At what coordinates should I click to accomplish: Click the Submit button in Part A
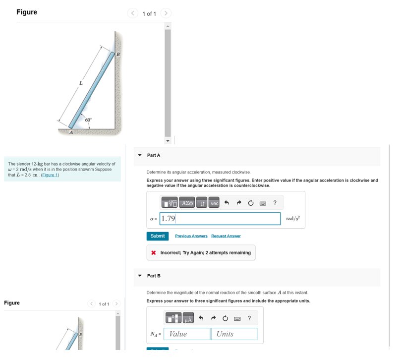[157, 236]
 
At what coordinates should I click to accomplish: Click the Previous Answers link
[191, 236]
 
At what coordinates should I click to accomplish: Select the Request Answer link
[226, 236]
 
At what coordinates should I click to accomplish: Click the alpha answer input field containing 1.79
[221, 219]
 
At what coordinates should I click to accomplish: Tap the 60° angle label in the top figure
[88, 120]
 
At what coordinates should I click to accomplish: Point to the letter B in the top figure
[118, 54]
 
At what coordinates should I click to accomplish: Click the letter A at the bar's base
[71, 132]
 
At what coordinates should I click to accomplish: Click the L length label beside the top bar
[80, 83]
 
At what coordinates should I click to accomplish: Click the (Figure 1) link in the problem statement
[50, 175]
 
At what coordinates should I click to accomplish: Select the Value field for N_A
[187, 334]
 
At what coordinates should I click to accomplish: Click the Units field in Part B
[234, 334]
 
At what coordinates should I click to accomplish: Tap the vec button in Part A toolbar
[214, 203]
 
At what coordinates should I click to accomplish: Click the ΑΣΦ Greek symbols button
[187, 203]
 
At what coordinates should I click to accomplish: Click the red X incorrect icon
[154, 253]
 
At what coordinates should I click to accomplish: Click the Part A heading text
[154, 155]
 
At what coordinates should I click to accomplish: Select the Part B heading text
[154, 276]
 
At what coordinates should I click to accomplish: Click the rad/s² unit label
[293, 219]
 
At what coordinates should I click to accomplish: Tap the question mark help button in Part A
[275, 203]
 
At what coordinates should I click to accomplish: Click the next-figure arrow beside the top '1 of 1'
[166, 13]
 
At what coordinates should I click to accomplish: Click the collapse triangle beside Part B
[140, 276]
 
